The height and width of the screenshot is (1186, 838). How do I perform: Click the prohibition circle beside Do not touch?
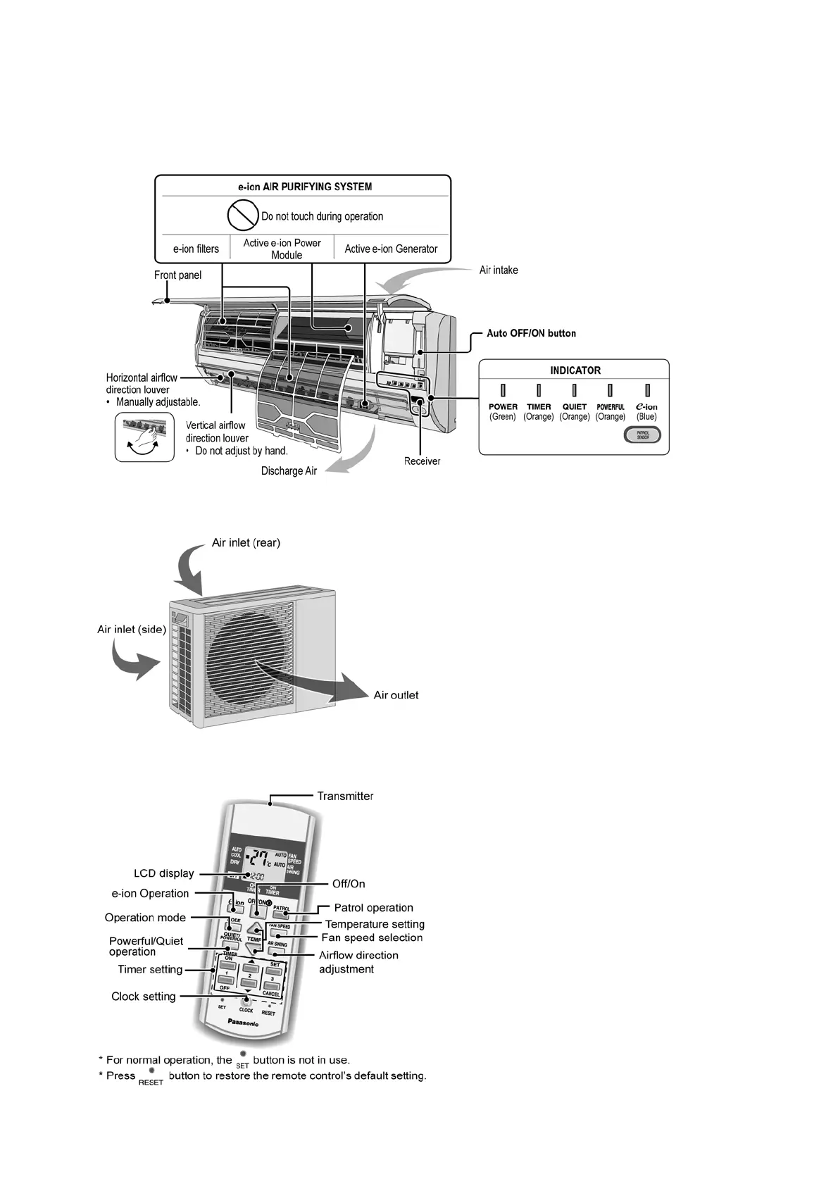coord(242,215)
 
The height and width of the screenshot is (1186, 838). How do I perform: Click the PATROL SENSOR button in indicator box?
coord(642,435)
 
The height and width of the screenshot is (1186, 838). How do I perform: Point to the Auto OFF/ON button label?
coord(531,333)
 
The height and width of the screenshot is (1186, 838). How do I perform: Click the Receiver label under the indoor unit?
coord(422,461)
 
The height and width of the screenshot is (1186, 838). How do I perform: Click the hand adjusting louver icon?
coord(144,437)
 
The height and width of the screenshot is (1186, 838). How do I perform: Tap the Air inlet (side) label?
coord(132,630)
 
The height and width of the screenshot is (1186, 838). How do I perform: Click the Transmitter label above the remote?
coord(345,796)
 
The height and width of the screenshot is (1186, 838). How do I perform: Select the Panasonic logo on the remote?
coord(244,1021)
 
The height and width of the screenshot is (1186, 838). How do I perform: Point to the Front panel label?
coord(177,275)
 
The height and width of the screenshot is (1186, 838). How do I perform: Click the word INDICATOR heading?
coord(575,370)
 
